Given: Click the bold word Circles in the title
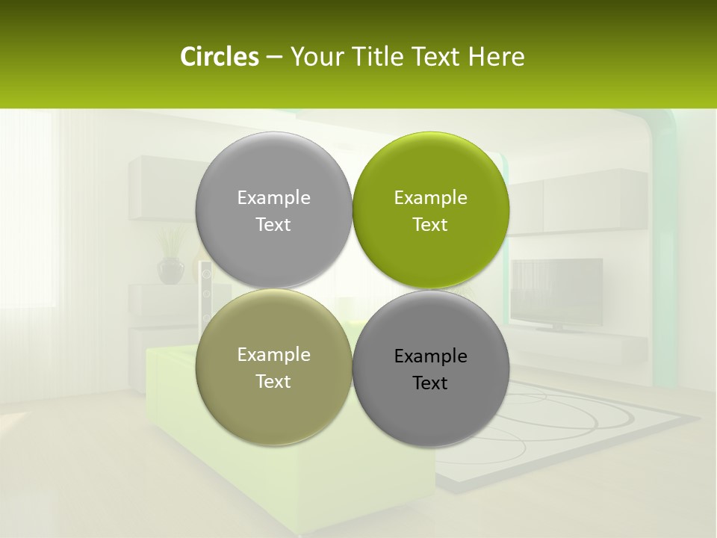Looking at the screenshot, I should (x=220, y=57).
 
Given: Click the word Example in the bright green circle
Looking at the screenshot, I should (x=430, y=198).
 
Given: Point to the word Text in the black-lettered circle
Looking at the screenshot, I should (x=430, y=383).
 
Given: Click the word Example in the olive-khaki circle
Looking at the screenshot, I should (x=273, y=355).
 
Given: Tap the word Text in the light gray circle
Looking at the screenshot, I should (x=273, y=225).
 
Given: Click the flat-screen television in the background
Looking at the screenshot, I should (x=557, y=291).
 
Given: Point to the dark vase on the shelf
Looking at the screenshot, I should (x=171, y=270).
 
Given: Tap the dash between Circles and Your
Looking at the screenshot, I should (x=274, y=57).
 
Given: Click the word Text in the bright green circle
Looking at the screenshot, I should (x=430, y=225).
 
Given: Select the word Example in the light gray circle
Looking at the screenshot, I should (x=273, y=198).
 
